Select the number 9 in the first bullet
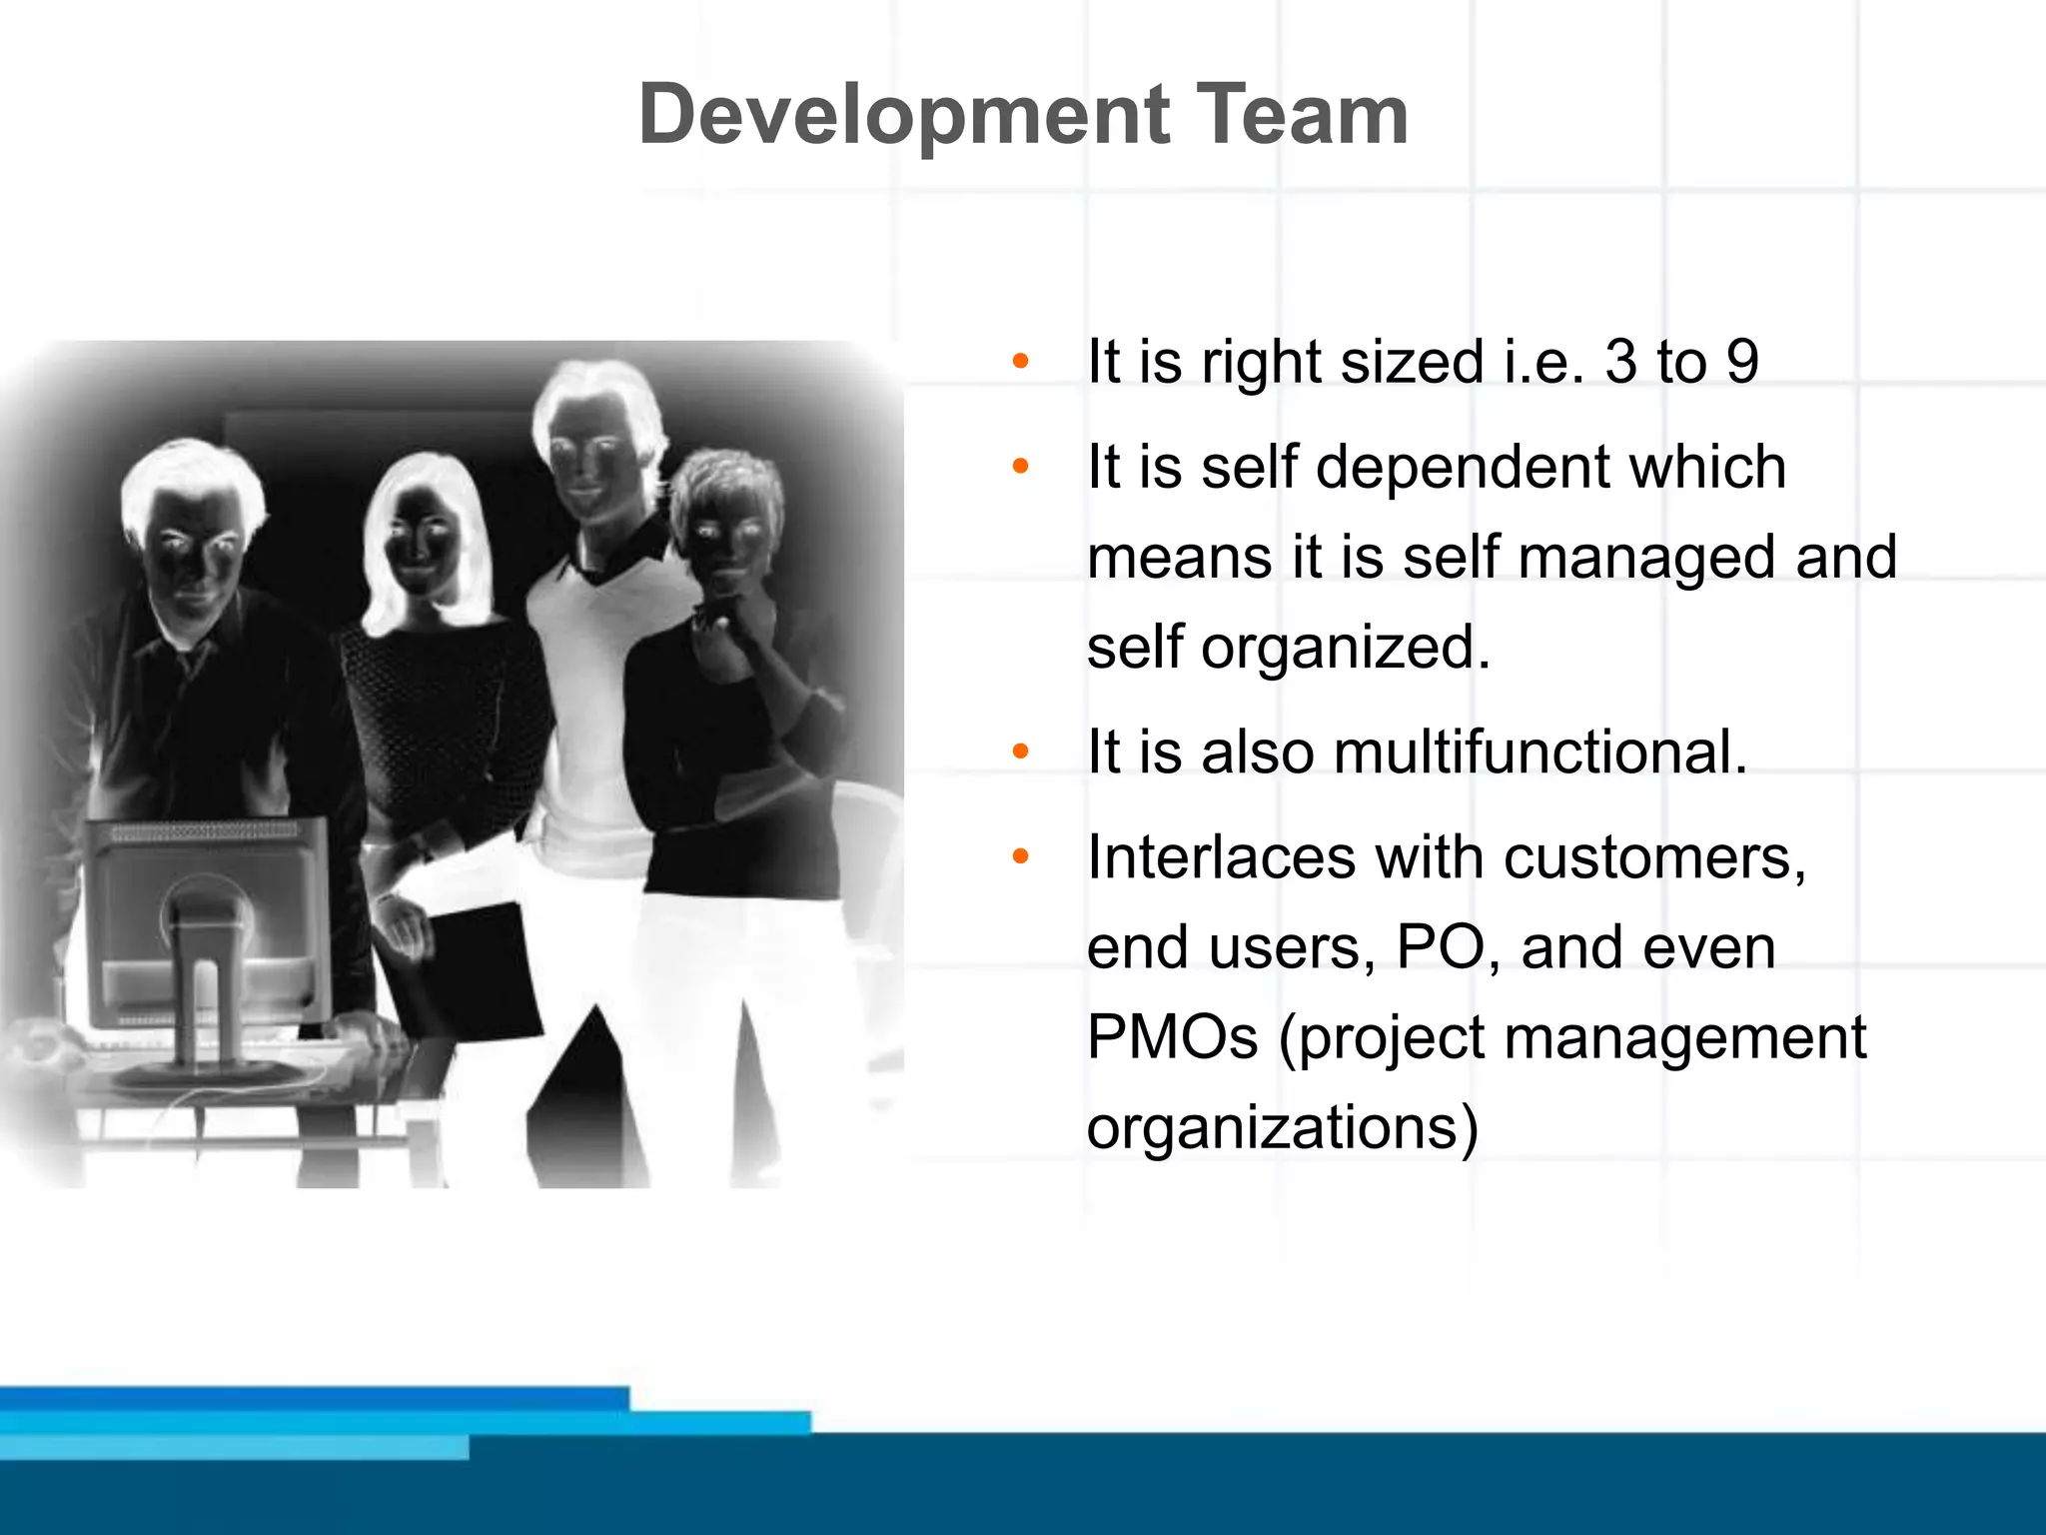point(1742,361)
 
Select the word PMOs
point(1172,1037)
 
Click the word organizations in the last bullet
point(1282,1128)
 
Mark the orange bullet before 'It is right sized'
point(1020,361)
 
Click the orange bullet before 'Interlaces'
point(1020,856)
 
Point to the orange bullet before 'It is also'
point(1020,752)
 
